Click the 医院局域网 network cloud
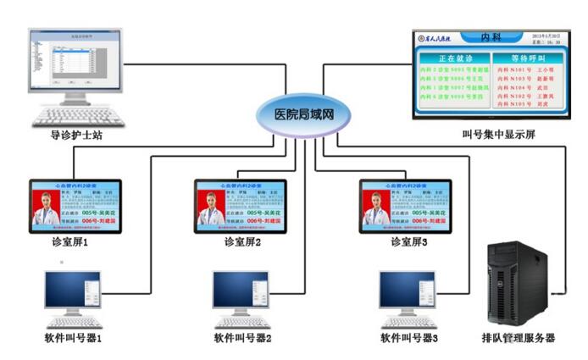tap(301, 114)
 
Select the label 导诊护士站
tap(76, 133)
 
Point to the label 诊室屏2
tap(241, 242)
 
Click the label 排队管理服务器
tap(519, 338)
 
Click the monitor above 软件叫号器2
tap(242, 292)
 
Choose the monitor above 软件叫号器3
tap(409, 292)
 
